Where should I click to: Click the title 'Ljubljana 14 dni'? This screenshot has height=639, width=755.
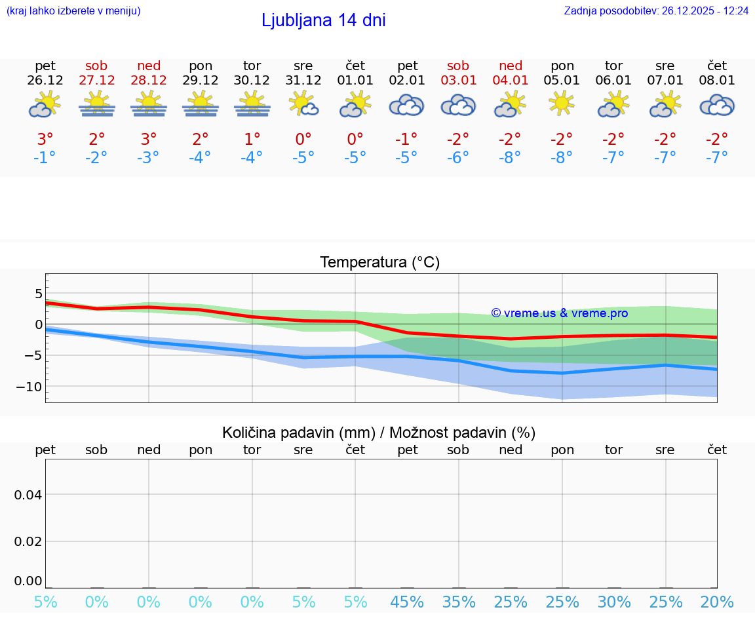point(323,20)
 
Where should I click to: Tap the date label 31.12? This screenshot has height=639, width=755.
point(303,81)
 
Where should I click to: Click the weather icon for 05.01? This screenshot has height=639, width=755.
point(562,104)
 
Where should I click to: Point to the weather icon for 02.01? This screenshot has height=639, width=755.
point(407,105)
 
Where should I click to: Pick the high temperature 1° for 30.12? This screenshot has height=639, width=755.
point(252,140)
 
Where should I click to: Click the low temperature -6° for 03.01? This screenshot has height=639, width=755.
point(458,158)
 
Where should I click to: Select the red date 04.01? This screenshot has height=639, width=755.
point(511,81)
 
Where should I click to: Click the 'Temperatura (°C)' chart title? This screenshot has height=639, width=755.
point(379,263)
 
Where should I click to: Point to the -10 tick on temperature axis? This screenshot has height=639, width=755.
point(29,387)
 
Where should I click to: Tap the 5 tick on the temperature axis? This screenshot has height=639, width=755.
point(38,293)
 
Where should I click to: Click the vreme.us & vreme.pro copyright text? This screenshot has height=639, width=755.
point(560,313)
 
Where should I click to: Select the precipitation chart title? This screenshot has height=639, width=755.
point(379,433)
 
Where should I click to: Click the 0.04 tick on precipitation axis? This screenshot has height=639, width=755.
point(28,495)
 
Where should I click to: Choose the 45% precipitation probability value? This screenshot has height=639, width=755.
point(407,602)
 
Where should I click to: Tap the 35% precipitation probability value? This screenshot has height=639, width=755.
point(458,602)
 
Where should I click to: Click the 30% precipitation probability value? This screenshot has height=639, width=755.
point(614,602)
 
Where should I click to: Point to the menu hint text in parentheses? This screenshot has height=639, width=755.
point(73,10)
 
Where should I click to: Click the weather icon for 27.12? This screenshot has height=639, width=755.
point(97,105)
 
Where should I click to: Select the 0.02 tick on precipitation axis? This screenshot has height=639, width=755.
point(28,541)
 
